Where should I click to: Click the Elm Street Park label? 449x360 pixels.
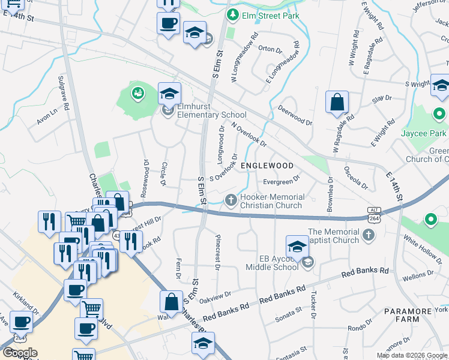point(270,15)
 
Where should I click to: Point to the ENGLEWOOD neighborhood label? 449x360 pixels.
point(267,166)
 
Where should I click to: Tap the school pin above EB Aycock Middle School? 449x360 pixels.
point(297,246)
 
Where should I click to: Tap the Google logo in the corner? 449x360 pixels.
point(20,353)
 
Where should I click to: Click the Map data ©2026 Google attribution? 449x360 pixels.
point(412,355)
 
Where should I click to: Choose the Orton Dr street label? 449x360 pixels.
point(270,49)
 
